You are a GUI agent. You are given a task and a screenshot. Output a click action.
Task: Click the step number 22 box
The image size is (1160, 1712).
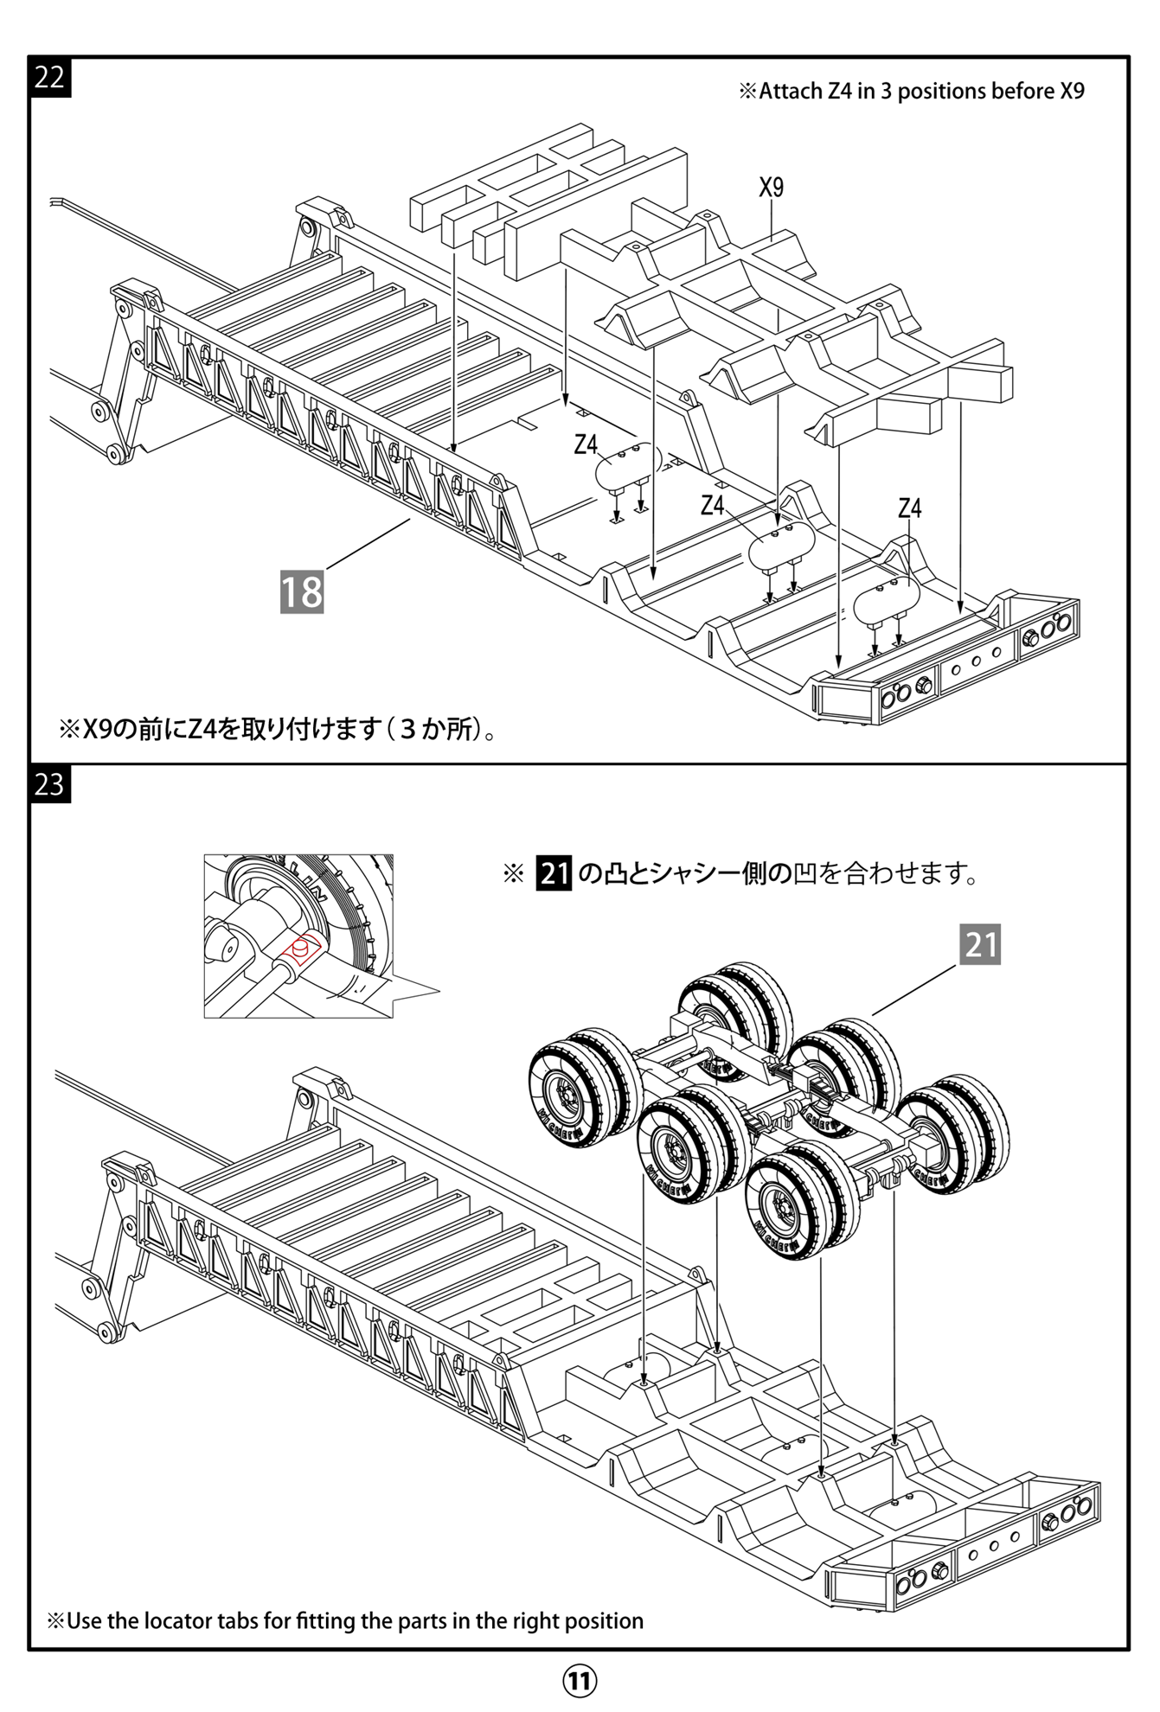[x=49, y=77]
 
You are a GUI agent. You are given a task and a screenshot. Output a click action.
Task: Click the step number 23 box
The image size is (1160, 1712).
[x=49, y=784]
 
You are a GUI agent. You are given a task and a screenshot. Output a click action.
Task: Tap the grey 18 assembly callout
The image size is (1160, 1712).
[x=302, y=592]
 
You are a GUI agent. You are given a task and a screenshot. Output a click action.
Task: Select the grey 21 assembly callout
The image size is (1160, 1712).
[x=980, y=944]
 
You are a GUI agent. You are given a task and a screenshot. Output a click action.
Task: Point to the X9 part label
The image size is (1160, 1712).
[x=771, y=188]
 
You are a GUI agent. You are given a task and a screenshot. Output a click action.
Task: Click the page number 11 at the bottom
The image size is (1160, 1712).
[x=580, y=1681]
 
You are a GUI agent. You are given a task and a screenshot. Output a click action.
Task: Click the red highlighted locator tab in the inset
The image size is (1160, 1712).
[x=303, y=949]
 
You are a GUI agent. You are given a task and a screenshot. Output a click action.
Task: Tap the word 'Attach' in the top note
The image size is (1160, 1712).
[x=791, y=92]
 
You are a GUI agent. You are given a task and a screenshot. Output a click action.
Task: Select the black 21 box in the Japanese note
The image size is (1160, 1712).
[x=554, y=873]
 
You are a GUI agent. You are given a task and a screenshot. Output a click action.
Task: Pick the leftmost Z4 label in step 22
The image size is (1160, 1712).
[x=586, y=444]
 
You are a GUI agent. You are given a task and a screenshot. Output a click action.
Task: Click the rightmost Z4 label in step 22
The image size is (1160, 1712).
[x=909, y=508]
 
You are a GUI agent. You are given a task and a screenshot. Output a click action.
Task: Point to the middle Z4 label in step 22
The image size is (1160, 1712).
[x=712, y=505]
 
